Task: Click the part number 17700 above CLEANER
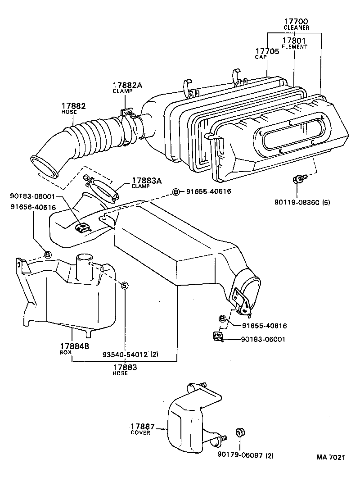coord(296,21)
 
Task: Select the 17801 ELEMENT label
coord(295,41)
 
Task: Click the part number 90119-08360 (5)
coord(302,202)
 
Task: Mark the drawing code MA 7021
coord(330,457)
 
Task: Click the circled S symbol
coord(125,285)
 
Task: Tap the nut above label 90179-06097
coord(239,433)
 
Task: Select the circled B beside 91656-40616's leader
coord(48,255)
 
